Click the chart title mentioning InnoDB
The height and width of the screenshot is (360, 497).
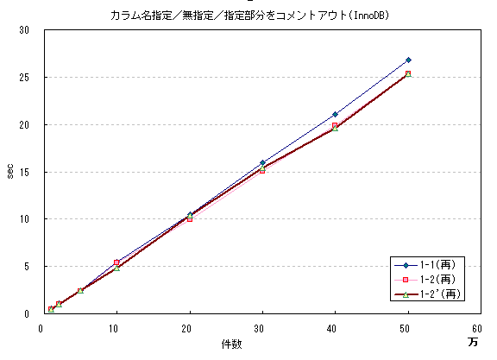pyautogui.click(x=248, y=16)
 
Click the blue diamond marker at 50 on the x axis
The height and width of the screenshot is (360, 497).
pyautogui.click(x=408, y=60)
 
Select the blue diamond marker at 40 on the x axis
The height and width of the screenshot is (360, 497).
pyautogui.click(x=335, y=114)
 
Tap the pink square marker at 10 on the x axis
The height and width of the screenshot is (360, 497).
pyautogui.click(x=116, y=262)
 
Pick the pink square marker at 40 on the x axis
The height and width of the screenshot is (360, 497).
pyautogui.click(x=335, y=125)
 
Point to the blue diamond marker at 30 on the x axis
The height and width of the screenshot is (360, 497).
pyautogui.click(x=262, y=162)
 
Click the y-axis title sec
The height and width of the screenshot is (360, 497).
pyautogui.click(x=10, y=172)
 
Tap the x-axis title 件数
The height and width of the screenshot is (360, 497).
pyautogui.click(x=231, y=344)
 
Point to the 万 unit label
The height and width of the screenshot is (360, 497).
pyautogui.click(x=473, y=343)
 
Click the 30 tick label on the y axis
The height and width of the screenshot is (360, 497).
pyautogui.click(x=24, y=30)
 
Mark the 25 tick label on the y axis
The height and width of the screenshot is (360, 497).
pyautogui.click(x=24, y=78)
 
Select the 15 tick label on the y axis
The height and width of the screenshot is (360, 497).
pyautogui.click(x=24, y=172)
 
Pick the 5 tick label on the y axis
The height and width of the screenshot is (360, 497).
pyautogui.click(x=27, y=267)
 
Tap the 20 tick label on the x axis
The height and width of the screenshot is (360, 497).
pyautogui.click(x=187, y=328)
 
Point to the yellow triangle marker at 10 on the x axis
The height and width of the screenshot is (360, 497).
pyautogui.click(x=116, y=268)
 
